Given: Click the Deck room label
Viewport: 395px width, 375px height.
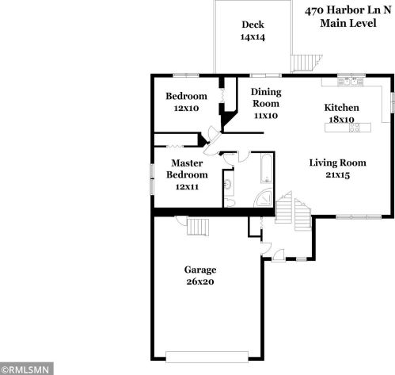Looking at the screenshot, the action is (253, 25).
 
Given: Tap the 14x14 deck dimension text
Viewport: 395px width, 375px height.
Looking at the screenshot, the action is (253, 37).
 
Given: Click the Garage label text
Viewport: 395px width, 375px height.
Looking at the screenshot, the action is (200, 270).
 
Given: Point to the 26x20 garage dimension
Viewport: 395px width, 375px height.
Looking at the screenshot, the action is (200, 281).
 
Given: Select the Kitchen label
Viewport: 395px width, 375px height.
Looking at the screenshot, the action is (341, 108).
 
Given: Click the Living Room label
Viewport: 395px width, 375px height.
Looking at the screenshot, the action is (337, 163).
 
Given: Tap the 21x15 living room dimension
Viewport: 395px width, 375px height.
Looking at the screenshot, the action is (337, 174).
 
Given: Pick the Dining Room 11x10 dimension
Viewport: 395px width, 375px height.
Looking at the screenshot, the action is (266, 116).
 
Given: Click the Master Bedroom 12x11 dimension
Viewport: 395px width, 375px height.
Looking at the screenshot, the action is (187, 186).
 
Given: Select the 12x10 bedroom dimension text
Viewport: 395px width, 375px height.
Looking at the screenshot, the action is (186, 108).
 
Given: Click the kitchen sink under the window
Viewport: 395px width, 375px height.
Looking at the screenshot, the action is (351, 81).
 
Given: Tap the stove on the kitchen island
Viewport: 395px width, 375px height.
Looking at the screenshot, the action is (355, 128).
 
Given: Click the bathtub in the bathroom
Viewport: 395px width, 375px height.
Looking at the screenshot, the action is (267, 168).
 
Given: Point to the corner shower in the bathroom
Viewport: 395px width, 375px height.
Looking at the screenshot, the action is (264, 198).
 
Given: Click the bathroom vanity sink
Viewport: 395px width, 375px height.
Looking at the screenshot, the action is (227, 184).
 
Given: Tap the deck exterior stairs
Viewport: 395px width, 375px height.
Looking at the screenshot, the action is (306, 63).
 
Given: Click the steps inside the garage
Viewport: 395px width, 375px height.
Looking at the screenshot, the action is (198, 227).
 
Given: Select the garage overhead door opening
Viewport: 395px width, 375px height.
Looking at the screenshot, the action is (207, 357).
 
